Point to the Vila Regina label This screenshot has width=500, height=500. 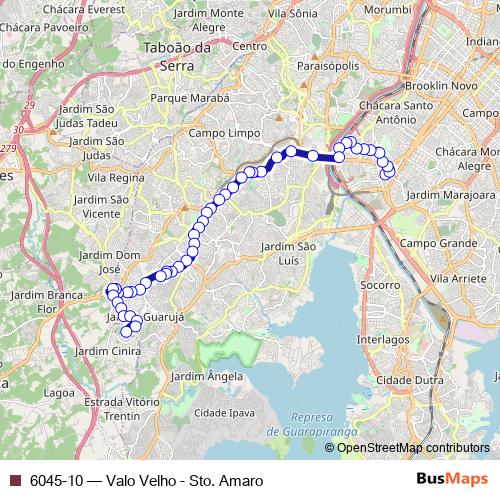click(x=117, y=177)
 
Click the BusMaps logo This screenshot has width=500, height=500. click(x=449, y=480)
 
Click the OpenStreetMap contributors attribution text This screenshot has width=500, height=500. click(x=413, y=447)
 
